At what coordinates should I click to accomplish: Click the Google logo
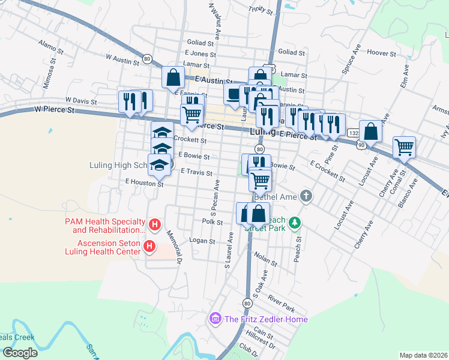19,353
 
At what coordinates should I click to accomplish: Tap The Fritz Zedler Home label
266,319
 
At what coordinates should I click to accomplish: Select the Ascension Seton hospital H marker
150,246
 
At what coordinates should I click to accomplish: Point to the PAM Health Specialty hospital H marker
154,225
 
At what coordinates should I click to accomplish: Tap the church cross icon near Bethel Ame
306,196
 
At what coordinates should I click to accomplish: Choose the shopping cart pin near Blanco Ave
405,146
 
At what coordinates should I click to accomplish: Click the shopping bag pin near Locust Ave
370,131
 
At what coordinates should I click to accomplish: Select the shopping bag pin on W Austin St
173,76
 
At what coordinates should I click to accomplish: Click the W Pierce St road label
54,110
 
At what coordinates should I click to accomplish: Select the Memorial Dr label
174,247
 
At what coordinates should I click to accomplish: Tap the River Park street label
282,302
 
